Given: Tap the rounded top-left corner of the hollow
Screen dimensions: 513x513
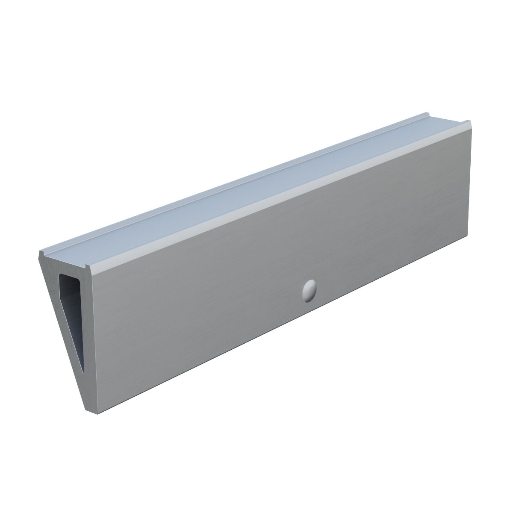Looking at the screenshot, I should click(x=61, y=276).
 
